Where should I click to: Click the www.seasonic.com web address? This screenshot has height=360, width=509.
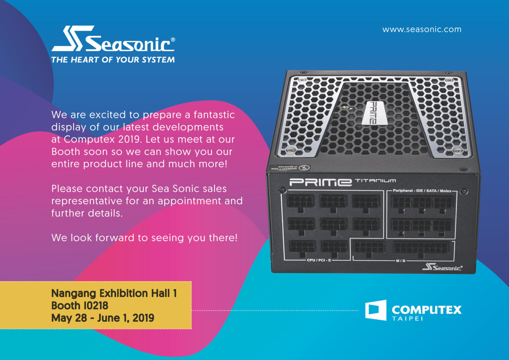(422, 29)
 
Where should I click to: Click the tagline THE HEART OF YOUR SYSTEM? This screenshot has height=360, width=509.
(113, 60)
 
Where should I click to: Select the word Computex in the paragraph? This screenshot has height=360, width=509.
(85, 139)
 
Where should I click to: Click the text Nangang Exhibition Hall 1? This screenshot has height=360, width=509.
(114, 293)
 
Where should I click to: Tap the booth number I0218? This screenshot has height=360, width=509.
(94, 306)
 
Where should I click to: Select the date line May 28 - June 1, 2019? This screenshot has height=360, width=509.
(103, 318)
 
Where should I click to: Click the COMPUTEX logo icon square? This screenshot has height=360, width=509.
(376, 310)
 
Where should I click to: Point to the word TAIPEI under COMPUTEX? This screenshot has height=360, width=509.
(407, 319)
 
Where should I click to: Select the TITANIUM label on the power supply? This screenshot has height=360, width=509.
(375, 181)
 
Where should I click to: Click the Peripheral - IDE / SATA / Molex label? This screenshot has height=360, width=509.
(422, 191)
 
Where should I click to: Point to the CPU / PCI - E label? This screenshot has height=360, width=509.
(319, 260)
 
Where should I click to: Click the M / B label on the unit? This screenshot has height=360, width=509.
(400, 261)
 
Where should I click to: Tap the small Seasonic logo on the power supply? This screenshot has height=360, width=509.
(442, 267)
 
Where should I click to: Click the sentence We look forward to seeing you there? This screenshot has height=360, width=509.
(144, 238)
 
